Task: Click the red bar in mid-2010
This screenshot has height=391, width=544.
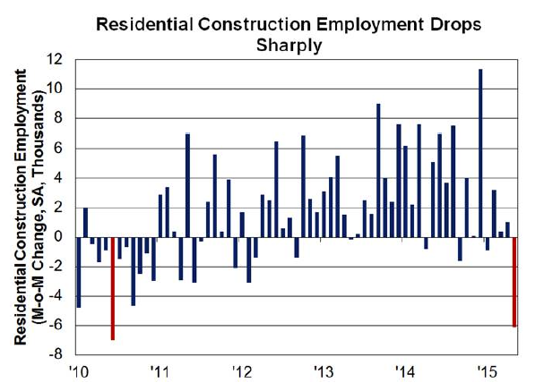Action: coord(113,288)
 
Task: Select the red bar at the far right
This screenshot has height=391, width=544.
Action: coord(514,282)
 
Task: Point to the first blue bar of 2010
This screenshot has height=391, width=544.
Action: coord(79,272)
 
